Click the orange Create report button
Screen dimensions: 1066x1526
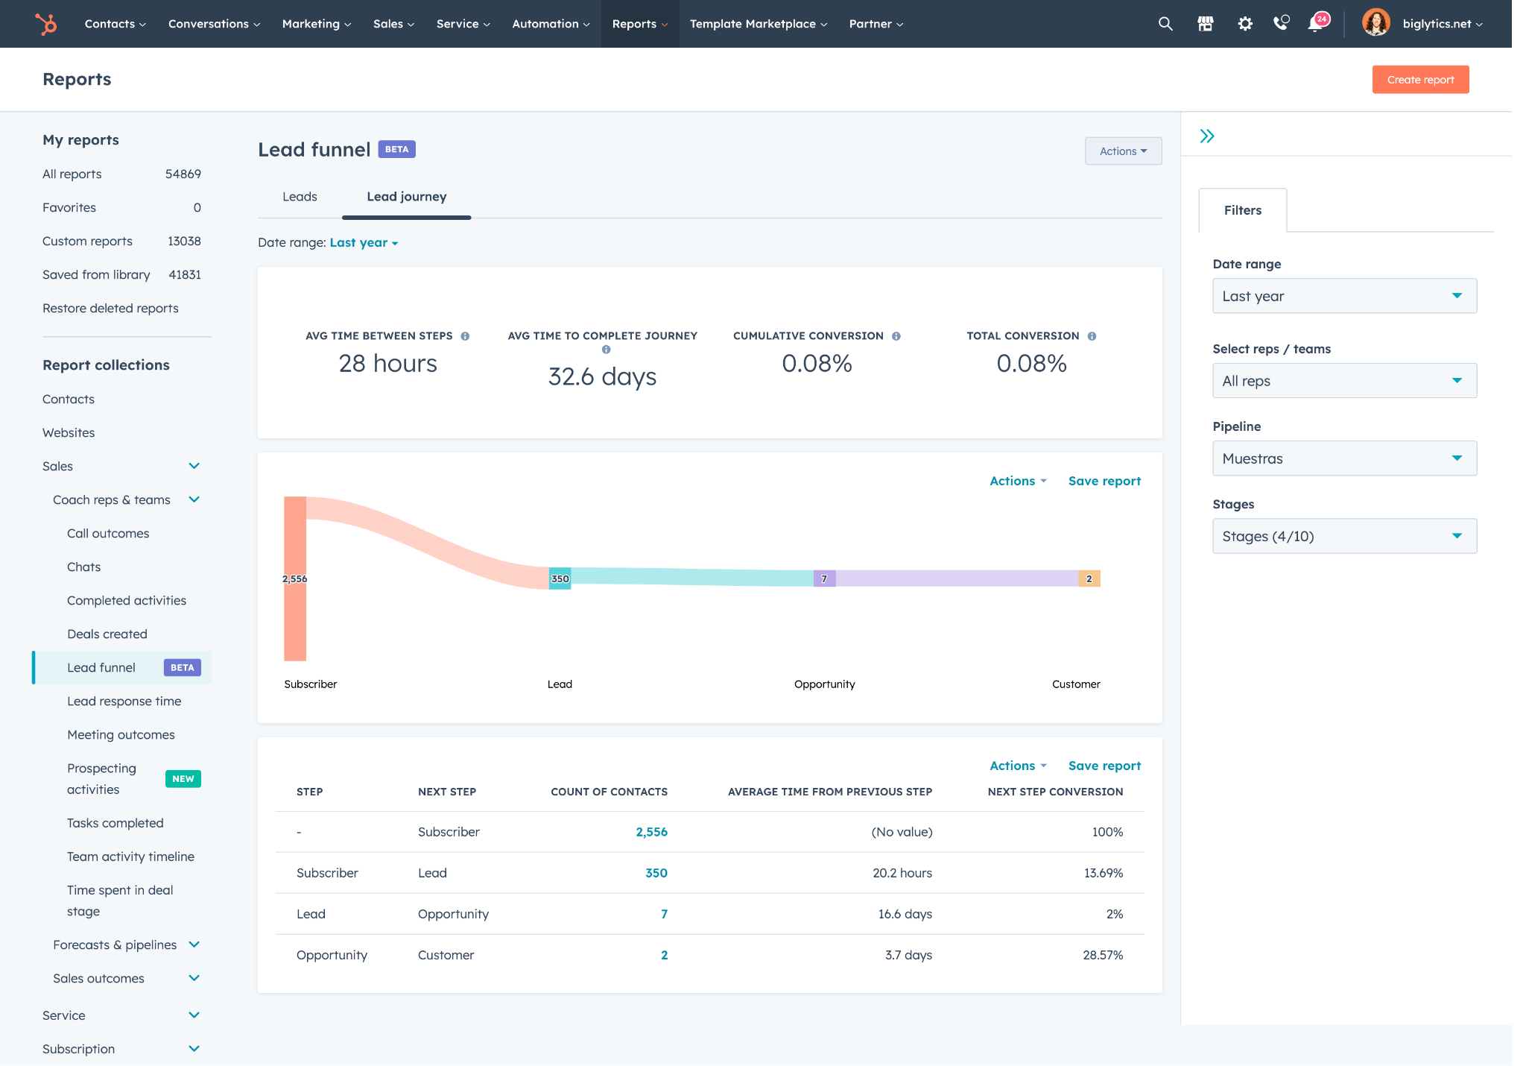click(1419, 80)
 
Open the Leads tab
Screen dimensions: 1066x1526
click(300, 197)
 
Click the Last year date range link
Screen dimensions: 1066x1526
click(363, 243)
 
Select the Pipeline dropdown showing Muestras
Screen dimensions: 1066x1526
click(1343, 458)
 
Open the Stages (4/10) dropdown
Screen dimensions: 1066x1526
click(1343, 536)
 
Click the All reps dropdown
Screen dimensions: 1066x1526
click(1343, 381)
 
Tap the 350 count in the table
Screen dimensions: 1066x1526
click(656, 873)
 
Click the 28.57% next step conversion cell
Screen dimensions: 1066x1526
click(1102, 955)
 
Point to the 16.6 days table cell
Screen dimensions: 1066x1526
click(905, 914)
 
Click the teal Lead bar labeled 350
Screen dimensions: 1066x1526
click(560, 578)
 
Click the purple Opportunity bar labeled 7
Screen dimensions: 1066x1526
click(824, 578)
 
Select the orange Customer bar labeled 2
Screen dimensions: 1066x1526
click(1089, 578)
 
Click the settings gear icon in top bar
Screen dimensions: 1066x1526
click(1244, 24)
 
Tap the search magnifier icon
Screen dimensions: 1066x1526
click(1165, 24)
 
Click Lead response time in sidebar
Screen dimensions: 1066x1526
click(124, 701)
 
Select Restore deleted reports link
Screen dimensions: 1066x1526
click(110, 309)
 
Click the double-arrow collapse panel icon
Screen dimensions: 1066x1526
click(1206, 136)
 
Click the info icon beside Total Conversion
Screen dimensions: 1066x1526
click(1092, 336)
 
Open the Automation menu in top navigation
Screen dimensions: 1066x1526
click(550, 24)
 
